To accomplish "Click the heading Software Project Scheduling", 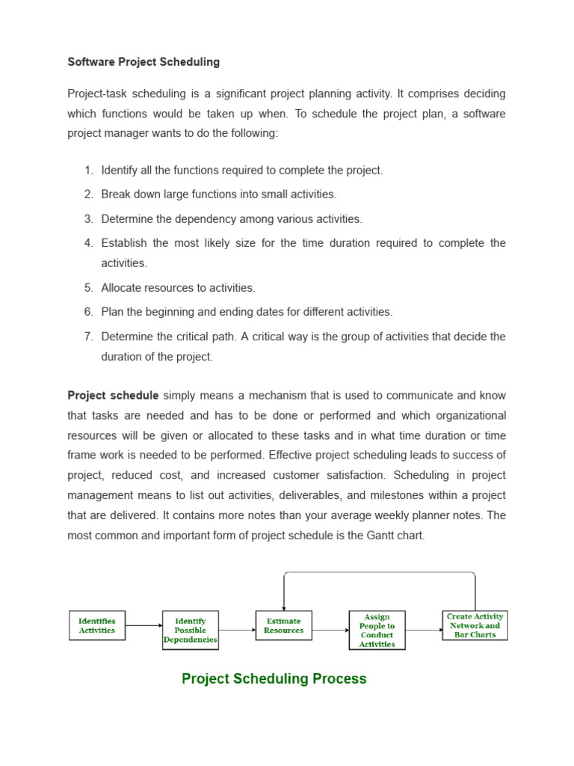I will point(143,62).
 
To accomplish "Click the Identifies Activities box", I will point(97,625).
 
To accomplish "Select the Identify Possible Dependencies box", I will point(191,630).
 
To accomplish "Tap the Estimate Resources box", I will point(284,625).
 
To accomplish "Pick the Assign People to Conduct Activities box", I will point(377,631).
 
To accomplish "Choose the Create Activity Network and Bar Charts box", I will point(475,625).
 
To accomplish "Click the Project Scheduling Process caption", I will point(274,678).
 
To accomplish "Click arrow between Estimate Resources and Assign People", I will point(330,630).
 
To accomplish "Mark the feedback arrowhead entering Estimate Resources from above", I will point(284,606).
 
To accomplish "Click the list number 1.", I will point(88,171).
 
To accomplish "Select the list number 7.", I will point(88,337).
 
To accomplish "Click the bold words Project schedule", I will point(113,396).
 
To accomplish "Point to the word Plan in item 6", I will point(112,312).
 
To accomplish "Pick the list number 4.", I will point(88,243).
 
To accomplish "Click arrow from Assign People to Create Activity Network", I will point(424,630).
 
